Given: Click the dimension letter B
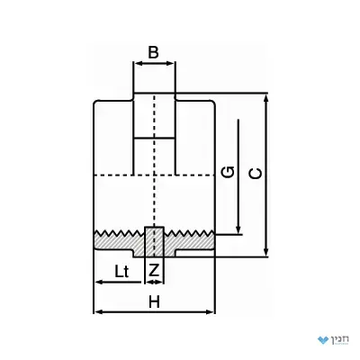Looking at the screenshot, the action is point(153,52).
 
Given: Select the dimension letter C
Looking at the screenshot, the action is point(256,174).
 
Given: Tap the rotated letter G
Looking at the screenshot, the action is point(228,172).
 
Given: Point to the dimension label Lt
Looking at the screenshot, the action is point(121,272).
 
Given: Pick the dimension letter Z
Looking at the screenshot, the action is point(154,270).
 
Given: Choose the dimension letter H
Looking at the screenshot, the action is point(155,301).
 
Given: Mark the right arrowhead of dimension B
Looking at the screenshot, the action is point(170,63).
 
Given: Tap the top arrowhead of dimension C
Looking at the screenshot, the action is point(265,98).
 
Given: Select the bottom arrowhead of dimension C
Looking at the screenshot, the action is point(265,252).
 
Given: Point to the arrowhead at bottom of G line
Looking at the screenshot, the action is point(238,229).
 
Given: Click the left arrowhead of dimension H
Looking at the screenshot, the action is point(100,312).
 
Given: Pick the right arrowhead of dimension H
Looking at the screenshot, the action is point(210,312).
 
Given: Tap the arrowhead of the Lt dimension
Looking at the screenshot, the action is point(100,283).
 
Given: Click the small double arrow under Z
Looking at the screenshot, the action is point(154,282).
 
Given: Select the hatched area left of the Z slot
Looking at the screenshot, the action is point(120,242).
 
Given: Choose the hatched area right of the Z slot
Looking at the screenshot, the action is point(189,242).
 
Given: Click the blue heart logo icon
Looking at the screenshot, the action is point(324,340).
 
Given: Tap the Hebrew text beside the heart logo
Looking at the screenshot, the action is point(340,339).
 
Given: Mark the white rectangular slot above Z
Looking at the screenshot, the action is point(155,242).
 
